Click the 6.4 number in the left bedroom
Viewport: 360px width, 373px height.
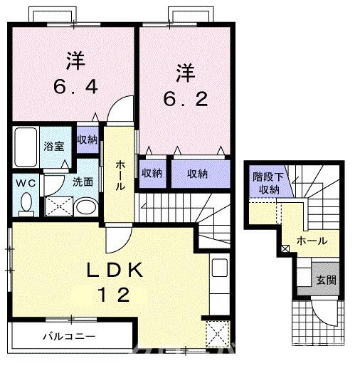75,87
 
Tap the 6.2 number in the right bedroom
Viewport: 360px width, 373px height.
186,99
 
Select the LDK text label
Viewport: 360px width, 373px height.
115,270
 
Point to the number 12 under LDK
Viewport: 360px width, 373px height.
115,295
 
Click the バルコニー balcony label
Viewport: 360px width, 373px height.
69,337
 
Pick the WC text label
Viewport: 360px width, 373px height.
26,183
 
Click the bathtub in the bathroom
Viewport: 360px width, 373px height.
26,147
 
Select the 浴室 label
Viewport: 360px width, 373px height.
54,146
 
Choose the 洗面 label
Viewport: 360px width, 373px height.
83,182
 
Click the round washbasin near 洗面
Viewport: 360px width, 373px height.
86,206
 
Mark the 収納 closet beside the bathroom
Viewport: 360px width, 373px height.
88,140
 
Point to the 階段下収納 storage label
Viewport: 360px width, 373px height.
268,183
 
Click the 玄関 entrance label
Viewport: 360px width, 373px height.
327,280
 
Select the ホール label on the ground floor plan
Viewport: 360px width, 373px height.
312,241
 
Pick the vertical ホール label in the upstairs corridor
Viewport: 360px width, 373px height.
120,176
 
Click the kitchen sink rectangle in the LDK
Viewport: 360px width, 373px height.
219,268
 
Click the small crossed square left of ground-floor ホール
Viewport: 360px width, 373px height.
285,249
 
